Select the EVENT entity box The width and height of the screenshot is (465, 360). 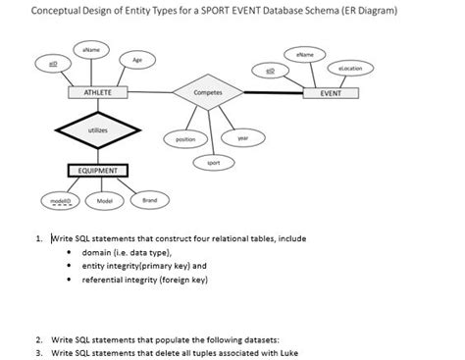click(x=343, y=92)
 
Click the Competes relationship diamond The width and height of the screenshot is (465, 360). click(x=208, y=92)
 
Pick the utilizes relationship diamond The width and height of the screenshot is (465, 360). click(x=96, y=129)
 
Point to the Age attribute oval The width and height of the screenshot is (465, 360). click(x=137, y=60)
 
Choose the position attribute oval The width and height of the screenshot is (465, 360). click(x=184, y=139)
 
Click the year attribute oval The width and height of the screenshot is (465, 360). click(x=240, y=138)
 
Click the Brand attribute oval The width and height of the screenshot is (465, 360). click(x=149, y=200)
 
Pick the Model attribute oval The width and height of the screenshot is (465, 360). click(x=104, y=200)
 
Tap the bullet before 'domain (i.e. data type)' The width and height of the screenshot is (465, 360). click(x=70, y=252)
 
